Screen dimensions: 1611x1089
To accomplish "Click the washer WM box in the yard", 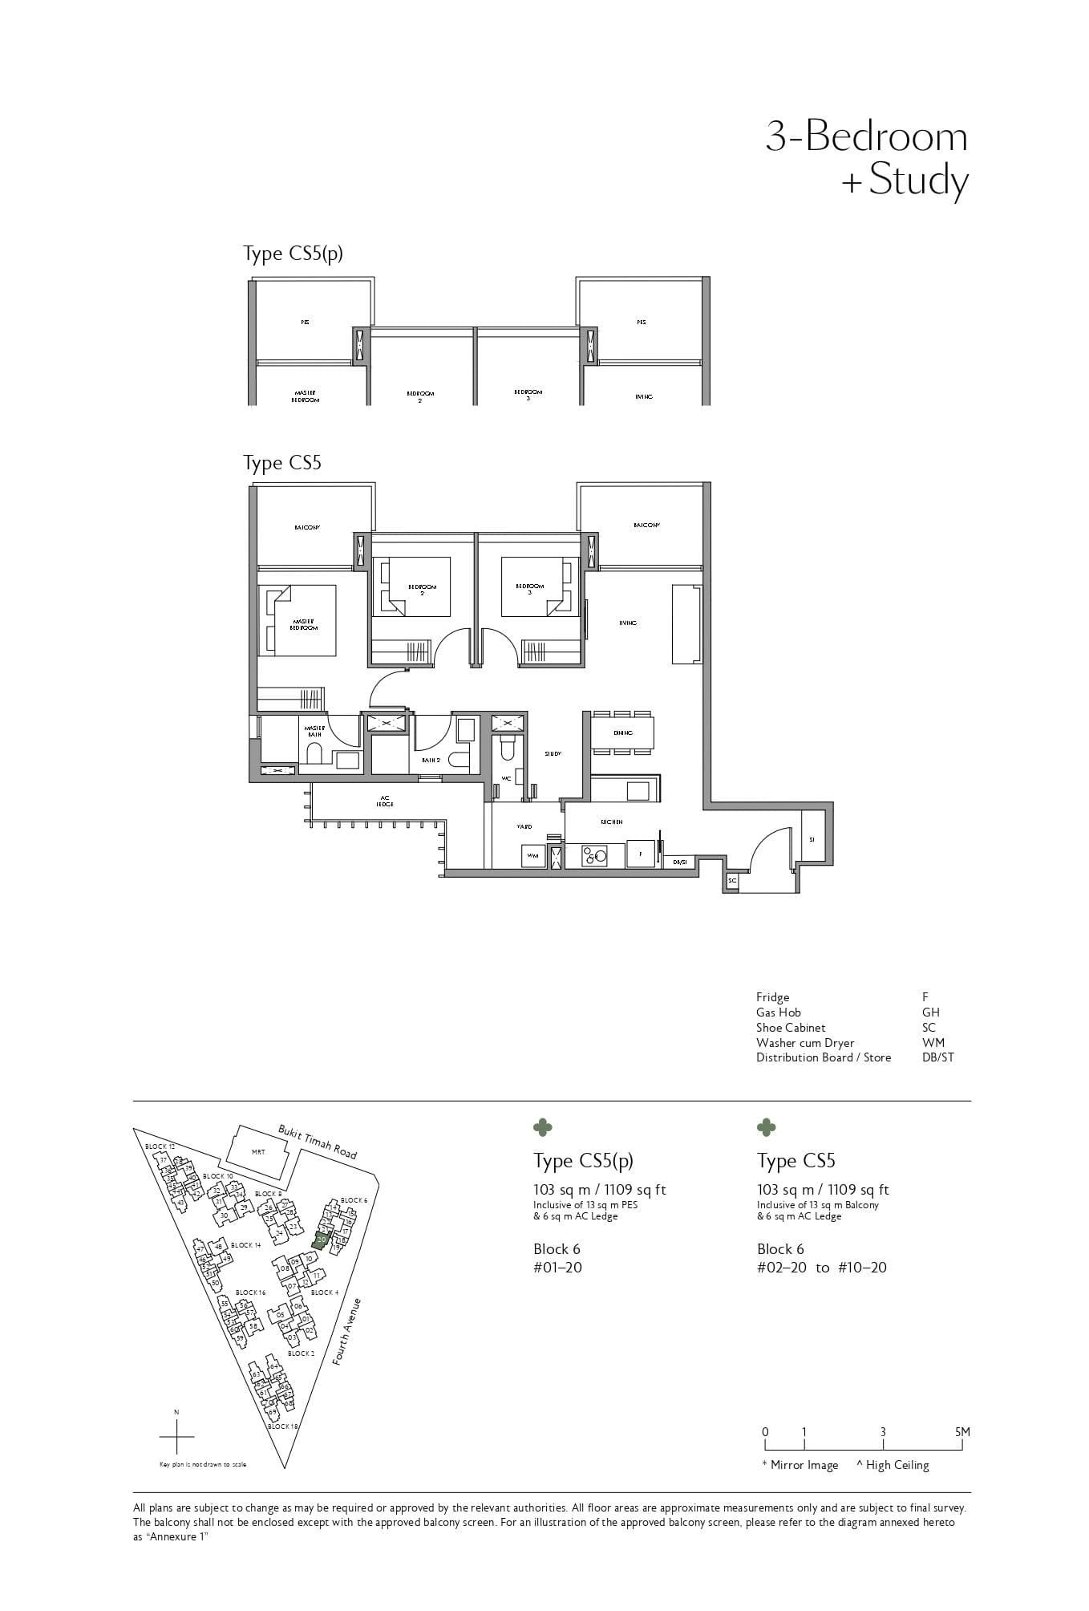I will pyautogui.click(x=532, y=856).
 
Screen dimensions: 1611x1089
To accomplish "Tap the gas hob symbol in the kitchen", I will pyautogui.click(x=595, y=856).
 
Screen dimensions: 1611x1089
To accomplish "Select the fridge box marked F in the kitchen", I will pyautogui.click(x=640, y=855).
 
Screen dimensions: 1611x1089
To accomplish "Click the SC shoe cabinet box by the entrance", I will pyautogui.click(x=731, y=880).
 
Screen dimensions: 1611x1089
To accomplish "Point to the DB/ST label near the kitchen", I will pyautogui.click(x=680, y=862).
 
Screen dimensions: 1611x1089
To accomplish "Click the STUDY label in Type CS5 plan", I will pyautogui.click(x=553, y=754).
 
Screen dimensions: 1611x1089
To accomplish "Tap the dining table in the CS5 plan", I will pyautogui.click(x=622, y=732).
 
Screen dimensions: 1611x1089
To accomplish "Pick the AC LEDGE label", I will pyautogui.click(x=385, y=801).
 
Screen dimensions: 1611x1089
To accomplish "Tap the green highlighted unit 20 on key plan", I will pyautogui.click(x=321, y=1240).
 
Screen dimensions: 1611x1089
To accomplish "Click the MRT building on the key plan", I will pyautogui.click(x=258, y=1152).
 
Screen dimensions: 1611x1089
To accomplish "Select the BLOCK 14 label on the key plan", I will pyautogui.click(x=245, y=1245).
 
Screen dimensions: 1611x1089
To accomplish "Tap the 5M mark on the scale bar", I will pyautogui.click(x=961, y=1432).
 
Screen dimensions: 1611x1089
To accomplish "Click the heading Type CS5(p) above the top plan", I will pyautogui.click(x=294, y=254).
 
